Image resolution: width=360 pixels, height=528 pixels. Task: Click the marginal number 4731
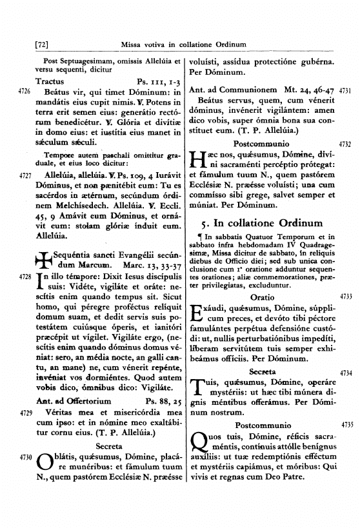[x=344, y=92]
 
